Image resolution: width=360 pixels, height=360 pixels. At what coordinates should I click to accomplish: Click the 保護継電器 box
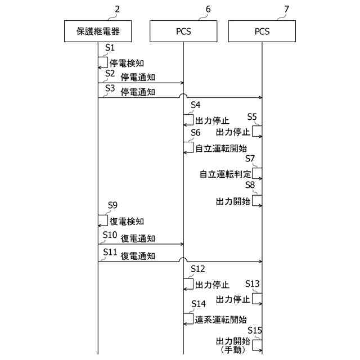(98, 31)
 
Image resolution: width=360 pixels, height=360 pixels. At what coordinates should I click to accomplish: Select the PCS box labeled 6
(183, 31)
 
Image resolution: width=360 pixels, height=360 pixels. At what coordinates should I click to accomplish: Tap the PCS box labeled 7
(262, 31)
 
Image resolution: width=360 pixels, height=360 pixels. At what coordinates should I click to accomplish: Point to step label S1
(110, 49)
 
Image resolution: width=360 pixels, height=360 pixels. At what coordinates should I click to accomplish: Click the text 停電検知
(127, 63)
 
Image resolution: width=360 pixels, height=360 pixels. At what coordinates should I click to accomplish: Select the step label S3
(110, 88)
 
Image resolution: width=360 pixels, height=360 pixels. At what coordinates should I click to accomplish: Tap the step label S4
(196, 105)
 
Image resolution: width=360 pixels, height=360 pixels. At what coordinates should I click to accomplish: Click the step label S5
(253, 117)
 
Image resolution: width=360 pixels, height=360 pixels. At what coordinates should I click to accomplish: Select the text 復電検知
(127, 221)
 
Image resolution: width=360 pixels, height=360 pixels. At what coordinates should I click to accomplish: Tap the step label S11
(110, 253)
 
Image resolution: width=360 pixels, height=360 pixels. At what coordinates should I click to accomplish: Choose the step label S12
(198, 269)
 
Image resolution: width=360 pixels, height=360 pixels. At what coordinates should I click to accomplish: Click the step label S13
(253, 283)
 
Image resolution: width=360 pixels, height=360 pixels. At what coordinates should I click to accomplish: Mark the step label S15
(255, 330)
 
